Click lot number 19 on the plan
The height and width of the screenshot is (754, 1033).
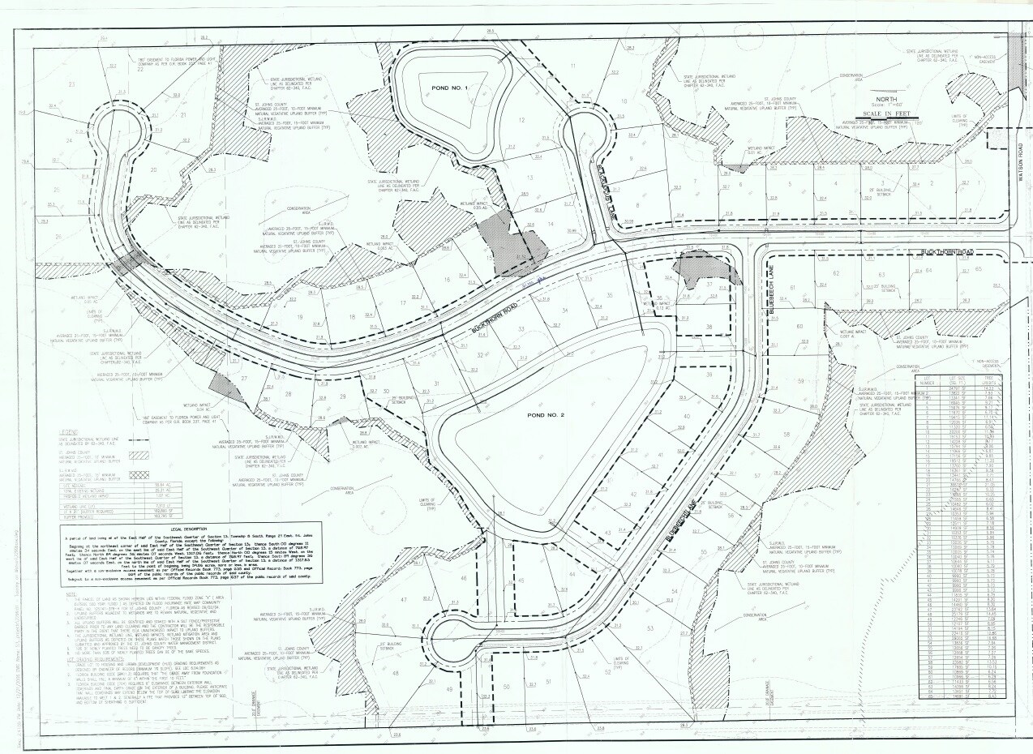tap(299, 317)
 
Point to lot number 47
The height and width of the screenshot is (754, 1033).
tap(403, 599)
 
